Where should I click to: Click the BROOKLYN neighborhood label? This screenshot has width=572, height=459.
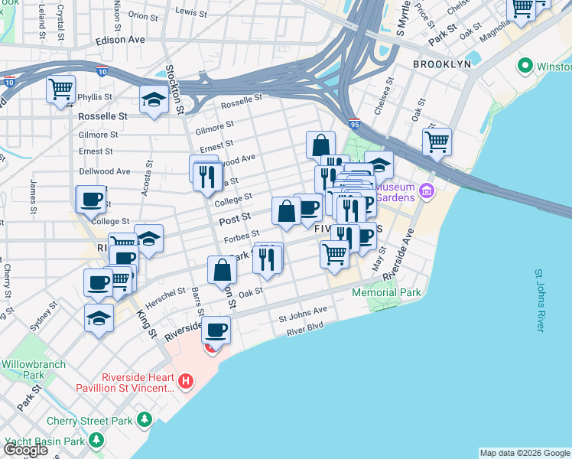pyautogui.click(x=441, y=64)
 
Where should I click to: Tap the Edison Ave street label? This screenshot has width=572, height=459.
pyautogui.click(x=120, y=40)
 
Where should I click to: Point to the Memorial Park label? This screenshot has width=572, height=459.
pyautogui.click(x=386, y=292)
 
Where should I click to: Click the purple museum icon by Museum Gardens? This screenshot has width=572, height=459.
pyautogui.click(x=427, y=190)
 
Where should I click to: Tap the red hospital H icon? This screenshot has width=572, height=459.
pyautogui.click(x=184, y=381)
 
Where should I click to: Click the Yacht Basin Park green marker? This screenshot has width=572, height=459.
pyautogui.click(x=96, y=441)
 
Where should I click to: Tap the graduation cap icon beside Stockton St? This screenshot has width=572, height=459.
pyautogui.click(x=154, y=99)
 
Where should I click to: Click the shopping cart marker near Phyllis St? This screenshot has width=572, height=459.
pyautogui.click(x=60, y=88)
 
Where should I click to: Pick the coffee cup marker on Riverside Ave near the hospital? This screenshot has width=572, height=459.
pyautogui.click(x=216, y=330)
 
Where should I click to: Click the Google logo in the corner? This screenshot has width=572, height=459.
pyautogui.click(x=26, y=449)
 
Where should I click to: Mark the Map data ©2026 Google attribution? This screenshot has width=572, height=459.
pyautogui.click(x=524, y=453)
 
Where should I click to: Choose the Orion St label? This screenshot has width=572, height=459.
pyautogui.click(x=142, y=15)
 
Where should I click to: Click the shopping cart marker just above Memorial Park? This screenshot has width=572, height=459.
pyautogui.click(x=334, y=253)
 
